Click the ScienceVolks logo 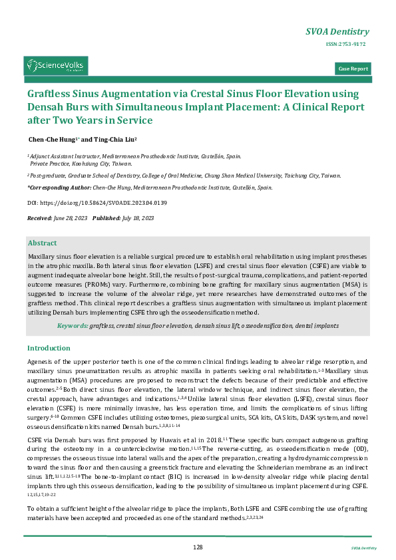pyautogui.click(x=56, y=65)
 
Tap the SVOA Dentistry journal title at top pyautogui.click(x=337, y=31)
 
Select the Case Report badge pyautogui.click(x=353, y=69)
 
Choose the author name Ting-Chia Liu pyautogui.click(x=114, y=140)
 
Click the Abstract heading pyautogui.click(x=43, y=243)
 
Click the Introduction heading pyautogui.click(x=49, y=348)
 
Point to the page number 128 pyautogui.click(x=198, y=547)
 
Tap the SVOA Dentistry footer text pyautogui.click(x=363, y=548)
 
